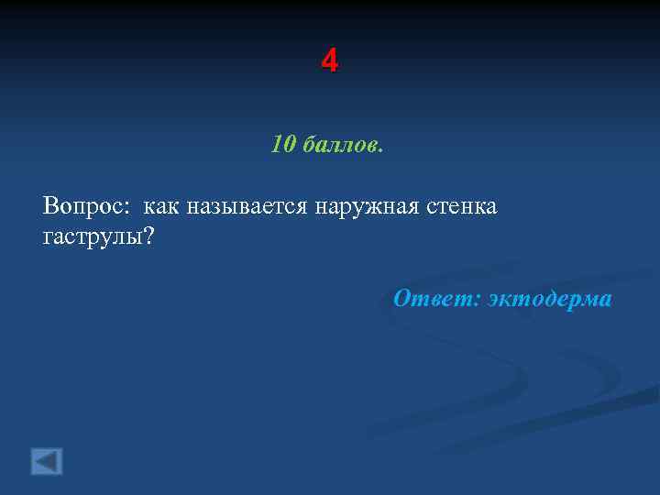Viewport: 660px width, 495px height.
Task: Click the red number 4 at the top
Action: click(330, 61)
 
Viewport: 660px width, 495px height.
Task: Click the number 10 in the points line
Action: click(282, 145)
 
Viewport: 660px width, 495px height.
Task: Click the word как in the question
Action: click(161, 206)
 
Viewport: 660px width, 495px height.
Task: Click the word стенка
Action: click(461, 206)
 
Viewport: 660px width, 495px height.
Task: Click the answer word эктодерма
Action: click(550, 299)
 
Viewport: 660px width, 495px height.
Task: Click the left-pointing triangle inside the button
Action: click(47, 460)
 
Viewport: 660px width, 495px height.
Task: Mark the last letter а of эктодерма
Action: click(604, 301)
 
